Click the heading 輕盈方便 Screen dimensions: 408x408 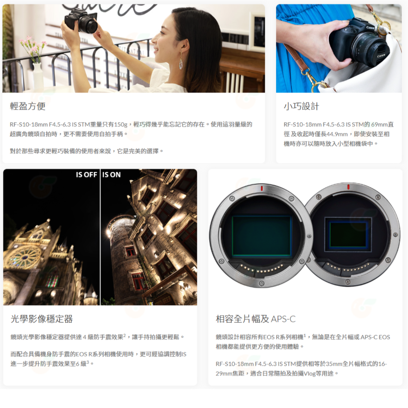pos(28,106)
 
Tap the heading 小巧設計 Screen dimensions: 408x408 pos(302,106)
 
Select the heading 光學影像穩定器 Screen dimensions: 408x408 pos(42,319)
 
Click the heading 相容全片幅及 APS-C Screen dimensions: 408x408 pos(255,319)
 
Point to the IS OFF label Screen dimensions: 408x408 pos(86,175)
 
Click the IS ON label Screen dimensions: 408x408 pos(112,175)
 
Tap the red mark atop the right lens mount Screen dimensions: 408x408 pos(348,187)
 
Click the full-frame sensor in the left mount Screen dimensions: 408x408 pos(262,237)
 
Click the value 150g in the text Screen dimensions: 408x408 pos(120,124)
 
